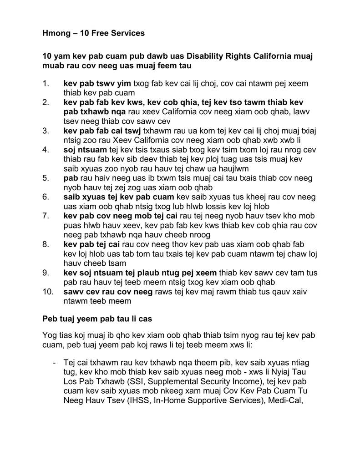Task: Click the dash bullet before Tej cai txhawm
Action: click(x=55, y=363)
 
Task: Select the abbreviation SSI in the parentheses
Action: click(x=142, y=381)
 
